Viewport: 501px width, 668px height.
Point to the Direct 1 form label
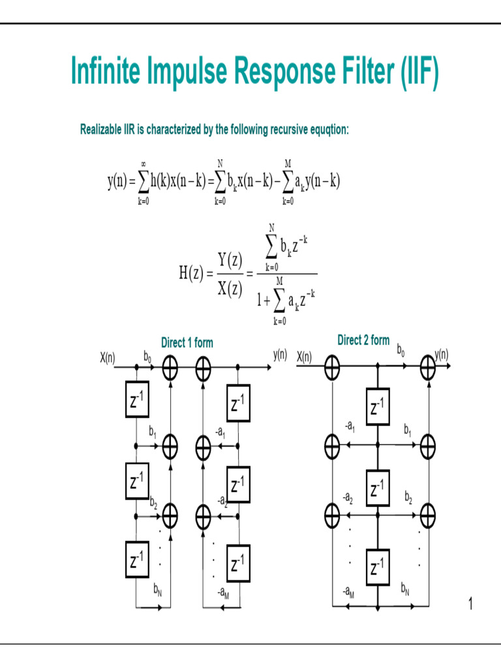[187, 342]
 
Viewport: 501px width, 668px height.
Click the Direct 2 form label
[363, 340]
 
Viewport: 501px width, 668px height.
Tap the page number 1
[470, 605]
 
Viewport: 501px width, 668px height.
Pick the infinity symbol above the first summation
[143, 164]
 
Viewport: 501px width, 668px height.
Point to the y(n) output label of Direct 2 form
[441, 355]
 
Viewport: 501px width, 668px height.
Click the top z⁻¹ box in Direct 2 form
[377, 406]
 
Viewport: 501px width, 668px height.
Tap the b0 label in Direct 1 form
[147, 356]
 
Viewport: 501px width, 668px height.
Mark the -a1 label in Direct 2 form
[349, 428]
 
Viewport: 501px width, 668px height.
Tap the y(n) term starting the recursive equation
[117, 181]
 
